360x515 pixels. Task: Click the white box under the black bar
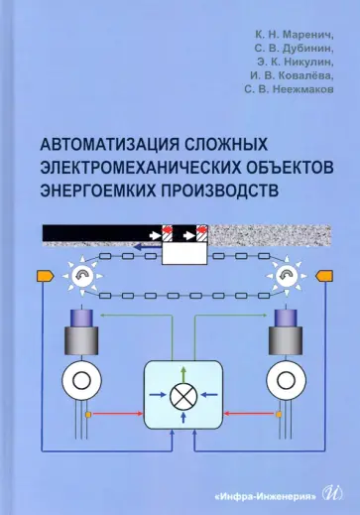(180, 253)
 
